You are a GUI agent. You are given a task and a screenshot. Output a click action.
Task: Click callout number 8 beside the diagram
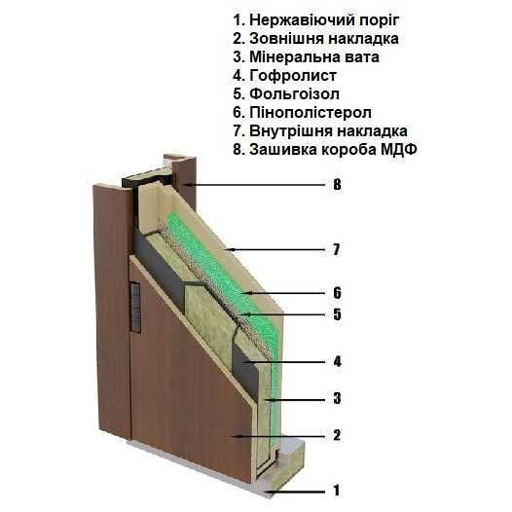click(x=337, y=185)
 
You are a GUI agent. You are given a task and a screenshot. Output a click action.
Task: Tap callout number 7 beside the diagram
click(x=337, y=250)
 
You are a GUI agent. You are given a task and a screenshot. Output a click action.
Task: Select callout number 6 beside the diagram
click(x=337, y=293)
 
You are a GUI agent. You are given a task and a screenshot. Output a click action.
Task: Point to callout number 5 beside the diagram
click(x=337, y=314)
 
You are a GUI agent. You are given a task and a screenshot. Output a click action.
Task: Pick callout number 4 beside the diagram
click(x=337, y=362)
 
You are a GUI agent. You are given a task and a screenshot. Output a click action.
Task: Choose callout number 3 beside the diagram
click(x=337, y=399)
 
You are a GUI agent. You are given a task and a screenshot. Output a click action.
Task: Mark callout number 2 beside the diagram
click(x=337, y=436)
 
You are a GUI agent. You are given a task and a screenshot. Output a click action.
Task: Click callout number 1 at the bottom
click(x=337, y=491)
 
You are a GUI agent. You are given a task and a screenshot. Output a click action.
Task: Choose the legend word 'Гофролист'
click(x=293, y=76)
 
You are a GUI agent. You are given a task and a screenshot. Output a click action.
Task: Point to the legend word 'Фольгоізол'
click(x=294, y=94)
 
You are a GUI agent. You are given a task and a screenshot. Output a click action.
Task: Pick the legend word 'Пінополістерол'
click(x=311, y=113)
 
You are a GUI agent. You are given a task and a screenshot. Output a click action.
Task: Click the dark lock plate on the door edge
click(x=135, y=308)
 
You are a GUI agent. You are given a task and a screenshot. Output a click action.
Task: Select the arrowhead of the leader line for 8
click(x=187, y=185)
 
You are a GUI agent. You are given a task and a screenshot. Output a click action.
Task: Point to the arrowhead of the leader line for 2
click(x=237, y=436)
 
